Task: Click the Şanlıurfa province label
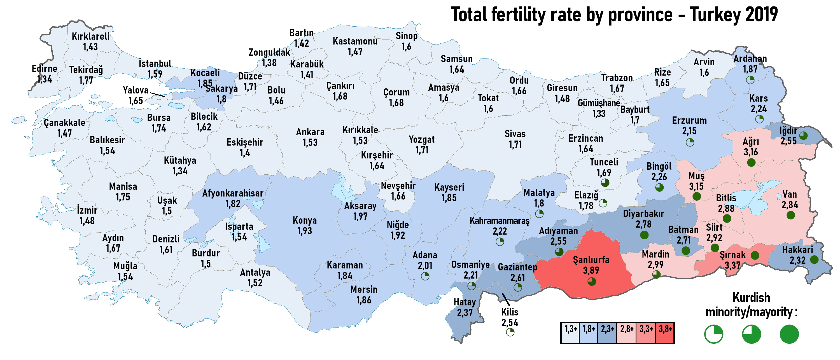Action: click(591, 260)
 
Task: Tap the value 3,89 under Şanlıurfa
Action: click(591, 270)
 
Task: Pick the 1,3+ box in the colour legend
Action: click(571, 329)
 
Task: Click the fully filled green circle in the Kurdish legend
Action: click(789, 334)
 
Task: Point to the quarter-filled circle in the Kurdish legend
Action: click(713, 334)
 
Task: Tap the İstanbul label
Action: click(155, 63)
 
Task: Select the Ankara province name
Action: click(310, 132)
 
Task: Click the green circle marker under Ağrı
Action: click(751, 162)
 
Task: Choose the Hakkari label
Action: click(798, 250)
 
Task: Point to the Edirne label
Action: click(44, 69)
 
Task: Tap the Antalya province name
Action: click(255, 272)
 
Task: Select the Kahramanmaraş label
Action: click(499, 221)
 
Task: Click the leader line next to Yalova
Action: click(157, 95)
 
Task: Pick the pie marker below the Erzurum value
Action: click(690, 142)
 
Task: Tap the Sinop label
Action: click(406, 36)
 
